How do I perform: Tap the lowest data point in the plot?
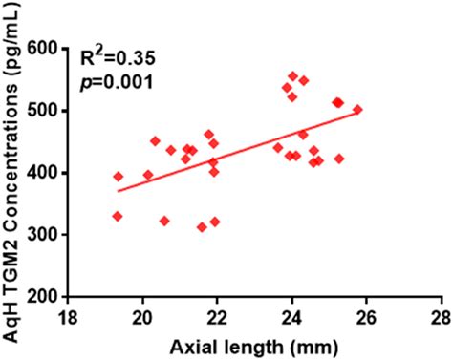[202, 227]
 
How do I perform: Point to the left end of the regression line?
[118, 191]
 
